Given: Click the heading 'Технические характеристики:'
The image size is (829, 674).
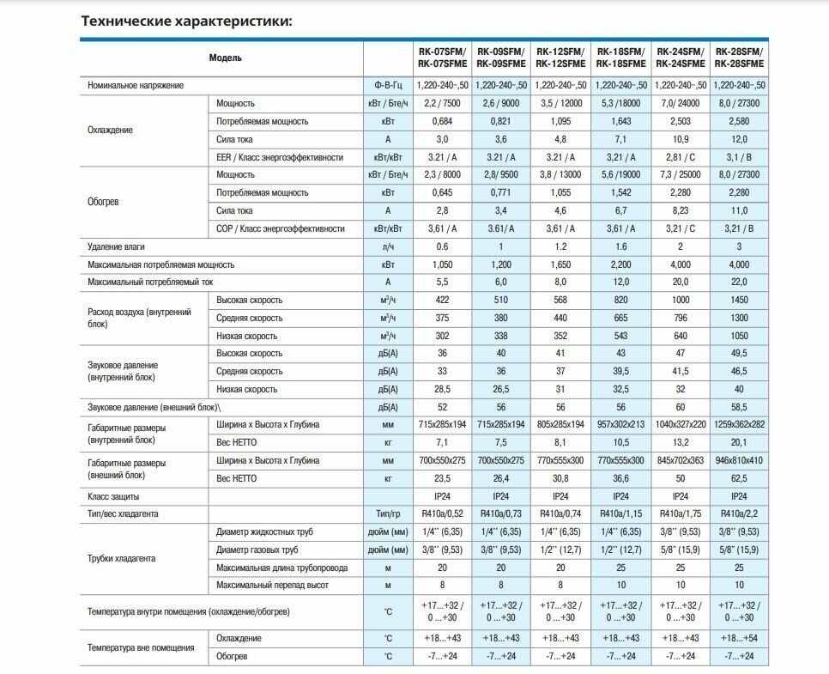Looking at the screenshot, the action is [x=186, y=21].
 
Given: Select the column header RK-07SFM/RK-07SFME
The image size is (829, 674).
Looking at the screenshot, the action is [x=442, y=58].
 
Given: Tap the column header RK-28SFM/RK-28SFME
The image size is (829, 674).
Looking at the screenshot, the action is [x=739, y=58].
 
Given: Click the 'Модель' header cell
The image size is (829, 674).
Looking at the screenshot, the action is [x=225, y=58].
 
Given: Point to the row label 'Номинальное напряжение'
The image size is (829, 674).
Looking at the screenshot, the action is [x=136, y=85].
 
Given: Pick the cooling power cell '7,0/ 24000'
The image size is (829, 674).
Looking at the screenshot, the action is [x=680, y=103].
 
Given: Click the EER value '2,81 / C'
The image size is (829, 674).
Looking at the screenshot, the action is [x=680, y=157].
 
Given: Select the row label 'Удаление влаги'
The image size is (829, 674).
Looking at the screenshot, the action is [x=116, y=246].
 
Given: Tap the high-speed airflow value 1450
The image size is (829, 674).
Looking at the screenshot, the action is [x=739, y=300].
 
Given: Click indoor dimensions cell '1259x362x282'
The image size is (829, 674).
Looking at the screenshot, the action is [x=739, y=424].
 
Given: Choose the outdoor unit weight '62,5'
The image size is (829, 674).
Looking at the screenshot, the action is [x=739, y=478].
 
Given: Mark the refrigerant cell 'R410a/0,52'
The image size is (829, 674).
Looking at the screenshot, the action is [x=442, y=513].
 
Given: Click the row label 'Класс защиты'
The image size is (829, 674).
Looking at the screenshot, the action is [x=113, y=496].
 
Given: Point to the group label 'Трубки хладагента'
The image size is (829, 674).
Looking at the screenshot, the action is [x=121, y=558].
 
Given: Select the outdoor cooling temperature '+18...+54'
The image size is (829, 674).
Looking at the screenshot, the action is [x=739, y=638].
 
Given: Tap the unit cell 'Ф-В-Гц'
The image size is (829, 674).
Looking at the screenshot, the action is [x=388, y=85].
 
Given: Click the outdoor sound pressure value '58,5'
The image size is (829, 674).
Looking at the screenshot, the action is [x=739, y=407].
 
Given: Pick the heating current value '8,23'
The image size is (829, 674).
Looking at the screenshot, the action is [x=680, y=210].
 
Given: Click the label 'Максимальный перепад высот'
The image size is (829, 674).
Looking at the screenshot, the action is [x=272, y=585].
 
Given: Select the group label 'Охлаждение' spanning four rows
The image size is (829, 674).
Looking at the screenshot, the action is [x=110, y=131].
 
